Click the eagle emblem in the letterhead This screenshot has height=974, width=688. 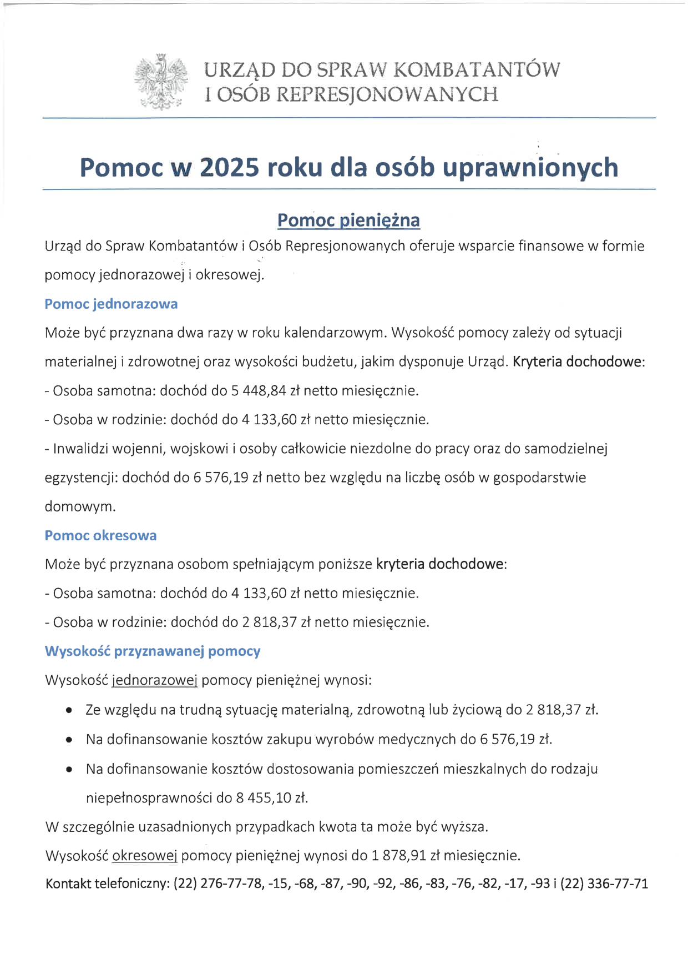(x=161, y=82)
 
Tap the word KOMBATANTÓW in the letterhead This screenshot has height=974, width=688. (x=477, y=70)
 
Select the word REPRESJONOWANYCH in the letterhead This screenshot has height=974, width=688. (x=387, y=94)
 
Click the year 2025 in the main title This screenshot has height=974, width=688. (x=229, y=167)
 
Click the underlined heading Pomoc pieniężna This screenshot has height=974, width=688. (x=348, y=220)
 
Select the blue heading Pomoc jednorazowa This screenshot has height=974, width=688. (x=111, y=304)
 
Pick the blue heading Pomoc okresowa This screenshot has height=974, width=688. (x=100, y=535)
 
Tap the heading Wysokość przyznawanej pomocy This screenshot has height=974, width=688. (x=153, y=651)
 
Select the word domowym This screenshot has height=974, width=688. (x=80, y=506)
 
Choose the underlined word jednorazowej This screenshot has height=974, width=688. (x=155, y=680)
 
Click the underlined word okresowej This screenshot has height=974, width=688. (x=145, y=855)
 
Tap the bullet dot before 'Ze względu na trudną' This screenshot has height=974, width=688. (x=69, y=710)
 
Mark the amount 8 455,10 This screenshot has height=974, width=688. (x=264, y=798)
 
